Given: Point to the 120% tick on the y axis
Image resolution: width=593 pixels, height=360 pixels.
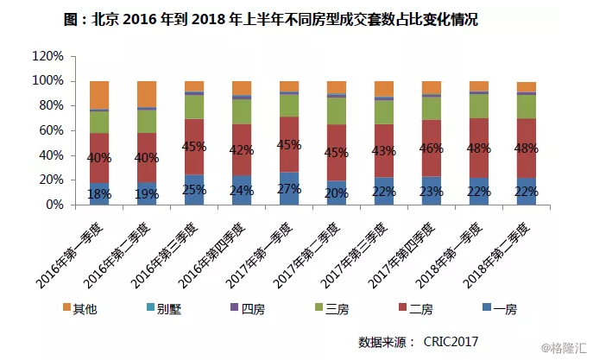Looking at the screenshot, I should [48, 56].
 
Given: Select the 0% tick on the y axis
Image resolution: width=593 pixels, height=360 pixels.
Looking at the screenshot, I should [54, 206].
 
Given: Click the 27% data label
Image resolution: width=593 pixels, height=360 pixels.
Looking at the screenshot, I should [289, 191].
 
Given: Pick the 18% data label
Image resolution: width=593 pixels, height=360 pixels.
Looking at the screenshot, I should [99, 193].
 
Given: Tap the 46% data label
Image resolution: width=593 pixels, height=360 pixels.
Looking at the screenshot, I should [431, 148].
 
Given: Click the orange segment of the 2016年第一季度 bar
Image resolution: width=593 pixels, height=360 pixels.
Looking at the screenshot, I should [99, 94].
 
